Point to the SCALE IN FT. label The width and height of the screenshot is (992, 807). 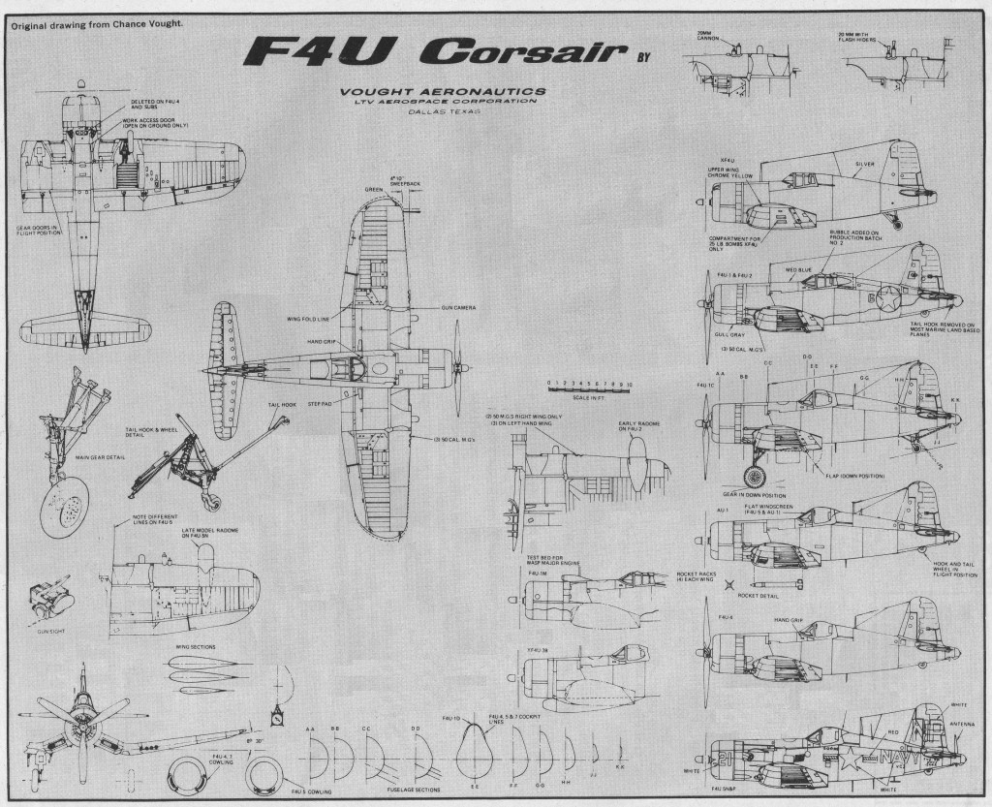pyautogui.click(x=589, y=398)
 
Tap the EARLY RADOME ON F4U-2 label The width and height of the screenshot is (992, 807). pyautogui.click(x=636, y=427)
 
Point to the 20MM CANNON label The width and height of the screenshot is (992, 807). pyautogui.click(x=712, y=37)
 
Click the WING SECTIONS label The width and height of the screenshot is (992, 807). pyautogui.click(x=196, y=646)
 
